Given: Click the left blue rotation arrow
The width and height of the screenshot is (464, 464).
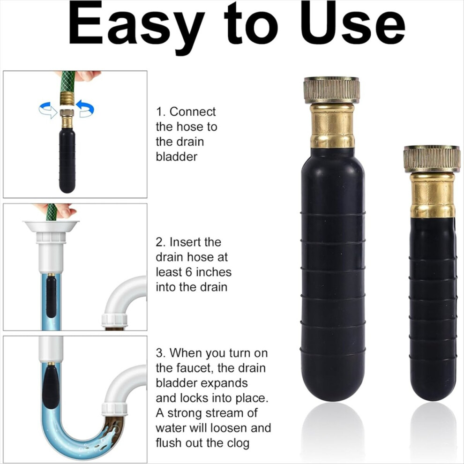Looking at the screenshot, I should tap(48, 110).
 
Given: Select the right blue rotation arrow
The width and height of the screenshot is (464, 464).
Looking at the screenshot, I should tap(85, 108).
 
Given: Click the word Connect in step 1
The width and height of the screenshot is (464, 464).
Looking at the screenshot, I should tap(193, 112).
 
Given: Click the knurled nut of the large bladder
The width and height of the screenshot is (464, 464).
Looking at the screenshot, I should tap(331, 90).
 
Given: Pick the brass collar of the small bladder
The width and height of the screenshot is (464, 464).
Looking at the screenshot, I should tap(433, 195).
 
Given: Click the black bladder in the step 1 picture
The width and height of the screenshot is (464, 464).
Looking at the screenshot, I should tap(67, 159).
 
